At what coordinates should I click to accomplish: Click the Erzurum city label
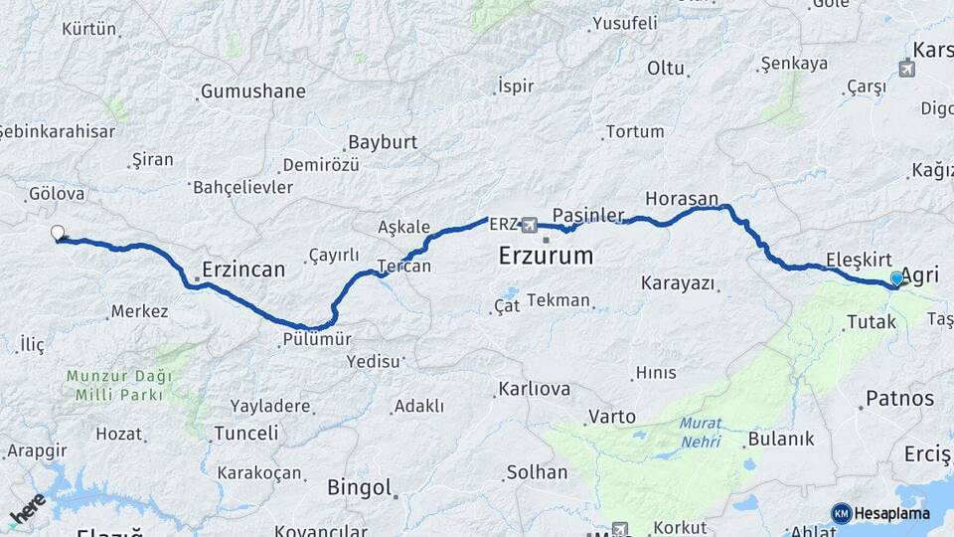546,256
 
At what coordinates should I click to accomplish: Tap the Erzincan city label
243,268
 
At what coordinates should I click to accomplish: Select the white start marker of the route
58,234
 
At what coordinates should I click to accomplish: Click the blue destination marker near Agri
896,279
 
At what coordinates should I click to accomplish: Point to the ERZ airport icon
529,225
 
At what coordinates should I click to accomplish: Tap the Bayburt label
383,142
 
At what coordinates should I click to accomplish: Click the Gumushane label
253,91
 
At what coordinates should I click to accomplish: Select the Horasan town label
682,199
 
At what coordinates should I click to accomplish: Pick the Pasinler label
588,215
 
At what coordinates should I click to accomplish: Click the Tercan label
404,267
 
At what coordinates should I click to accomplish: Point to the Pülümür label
316,339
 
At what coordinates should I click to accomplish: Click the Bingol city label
359,487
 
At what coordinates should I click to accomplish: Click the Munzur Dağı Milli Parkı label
119,385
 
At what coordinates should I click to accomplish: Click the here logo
27,509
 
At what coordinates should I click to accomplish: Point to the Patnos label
899,399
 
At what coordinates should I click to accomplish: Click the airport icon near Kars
906,69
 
